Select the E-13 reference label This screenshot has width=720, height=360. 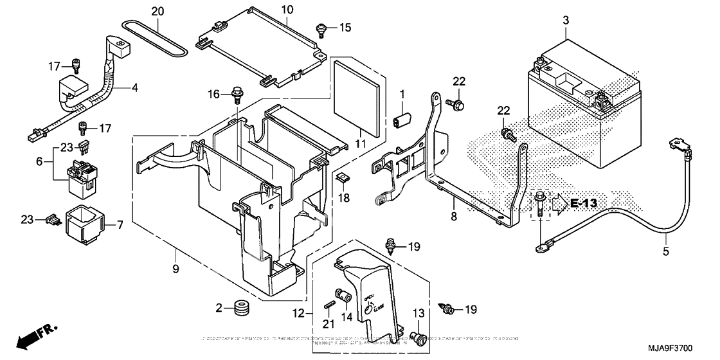583,204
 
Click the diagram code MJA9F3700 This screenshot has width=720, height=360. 687,348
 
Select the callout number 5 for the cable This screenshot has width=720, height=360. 665,251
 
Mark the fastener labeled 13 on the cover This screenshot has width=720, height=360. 418,336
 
